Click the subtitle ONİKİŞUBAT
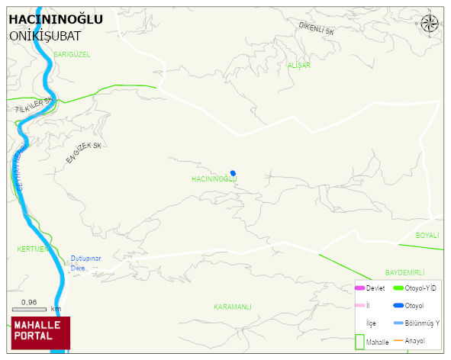[45, 35]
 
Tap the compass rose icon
[430, 24]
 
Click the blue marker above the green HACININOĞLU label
[233, 172]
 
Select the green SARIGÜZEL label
[72, 54]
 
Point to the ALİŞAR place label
[298, 66]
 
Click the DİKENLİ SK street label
[317, 29]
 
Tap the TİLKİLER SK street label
[34, 105]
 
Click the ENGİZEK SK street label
[83, 152]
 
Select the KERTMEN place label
[33, 249]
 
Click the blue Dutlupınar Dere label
[85, 262]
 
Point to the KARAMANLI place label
[232, 306]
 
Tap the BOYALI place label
[427, 236]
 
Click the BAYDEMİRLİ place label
[404, 272]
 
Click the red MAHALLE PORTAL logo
[41, 333]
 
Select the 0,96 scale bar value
[29, 303]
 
